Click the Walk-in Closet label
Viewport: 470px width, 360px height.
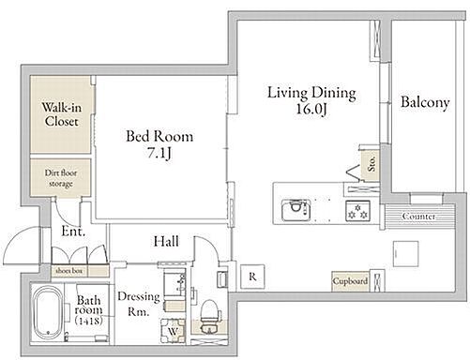(x=62, y=114)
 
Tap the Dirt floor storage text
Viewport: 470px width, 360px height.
(x=61, y=178)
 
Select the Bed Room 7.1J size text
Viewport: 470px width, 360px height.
(x=159, y=153)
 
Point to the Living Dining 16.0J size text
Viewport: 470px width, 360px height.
(x=311, y=109)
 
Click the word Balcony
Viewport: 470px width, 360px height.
(x=425, y=102)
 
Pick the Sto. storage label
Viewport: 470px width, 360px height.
(x=371, y=164)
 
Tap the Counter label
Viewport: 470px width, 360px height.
(x=418, y=217)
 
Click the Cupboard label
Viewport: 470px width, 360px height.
(x=350, y=281)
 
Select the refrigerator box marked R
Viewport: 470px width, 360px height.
(x=252, y=277)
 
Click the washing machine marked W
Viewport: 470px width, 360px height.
(x=173, y=331)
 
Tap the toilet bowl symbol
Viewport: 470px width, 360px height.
(x=209, y=316)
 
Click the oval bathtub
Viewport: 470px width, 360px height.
(x=47, y=312)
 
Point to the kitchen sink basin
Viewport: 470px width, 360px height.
(x=296, y=210)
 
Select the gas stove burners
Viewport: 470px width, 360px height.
(x=357, y=211)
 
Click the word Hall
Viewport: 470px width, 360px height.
(x=166, y=242)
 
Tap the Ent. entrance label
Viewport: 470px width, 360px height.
(x=73, y=232)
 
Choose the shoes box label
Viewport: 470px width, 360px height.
(x=68, y=271)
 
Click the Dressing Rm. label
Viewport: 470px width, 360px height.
(x=139, y=304)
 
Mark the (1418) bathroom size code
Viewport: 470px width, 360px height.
(x=89, y=321)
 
